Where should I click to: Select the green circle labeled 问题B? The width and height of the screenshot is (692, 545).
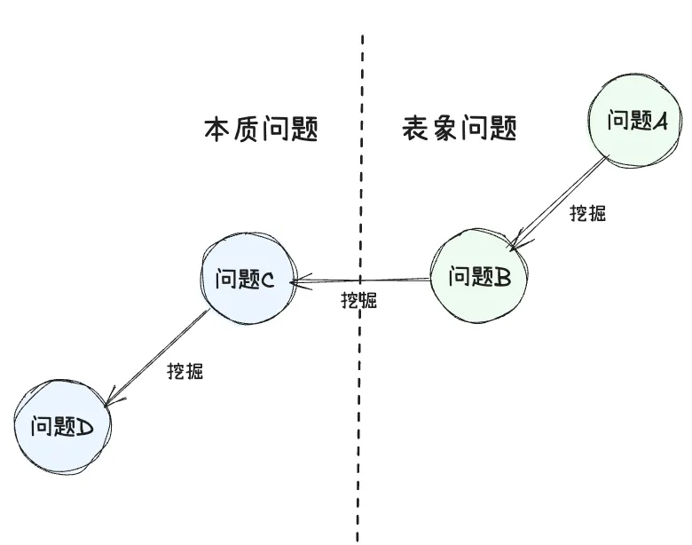[478, 276]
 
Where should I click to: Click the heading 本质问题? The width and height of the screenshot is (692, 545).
[261, 130]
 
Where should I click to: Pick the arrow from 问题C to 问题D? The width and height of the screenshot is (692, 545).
[160, 355]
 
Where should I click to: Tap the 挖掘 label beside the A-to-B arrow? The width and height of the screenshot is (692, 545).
[588, 213]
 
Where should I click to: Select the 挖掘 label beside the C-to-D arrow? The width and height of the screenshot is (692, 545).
[185, 371]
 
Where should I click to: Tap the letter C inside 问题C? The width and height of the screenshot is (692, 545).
[267, 280]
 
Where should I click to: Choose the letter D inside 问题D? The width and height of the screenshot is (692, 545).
[86, 429]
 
